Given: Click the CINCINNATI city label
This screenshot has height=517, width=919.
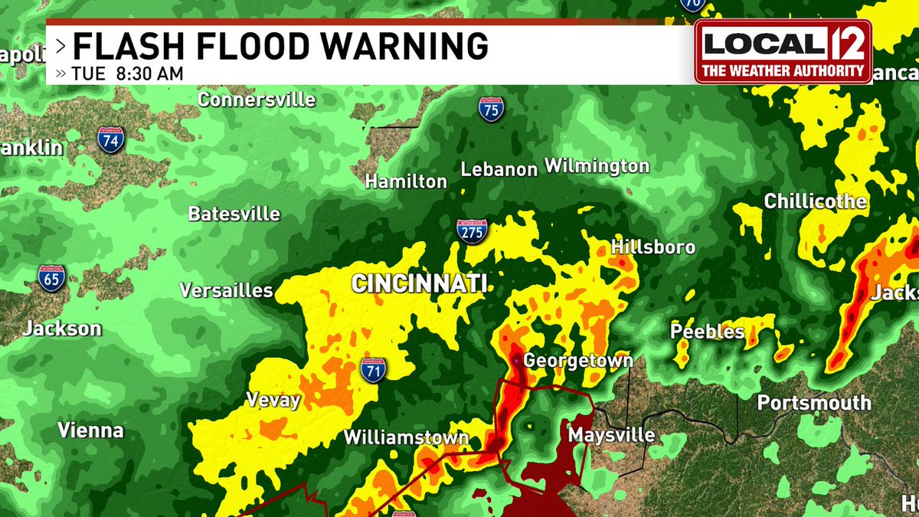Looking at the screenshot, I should tap(419, 284).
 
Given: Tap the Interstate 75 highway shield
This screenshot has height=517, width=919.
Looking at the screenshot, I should tap(491, 109).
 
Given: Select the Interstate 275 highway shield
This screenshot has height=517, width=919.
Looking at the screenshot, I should tap(472, 231).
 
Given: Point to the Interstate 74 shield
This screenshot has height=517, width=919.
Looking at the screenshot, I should tap(110, 139).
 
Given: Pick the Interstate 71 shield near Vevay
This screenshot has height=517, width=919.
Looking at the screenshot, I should tap(373, 368).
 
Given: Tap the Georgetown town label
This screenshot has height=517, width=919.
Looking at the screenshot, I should tap(578, 361).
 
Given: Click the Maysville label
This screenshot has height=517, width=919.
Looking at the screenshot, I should tap(611, 435).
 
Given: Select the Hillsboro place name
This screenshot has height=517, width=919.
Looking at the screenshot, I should tap(653, 247).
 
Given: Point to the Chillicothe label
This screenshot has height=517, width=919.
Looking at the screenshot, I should tap(816, 201).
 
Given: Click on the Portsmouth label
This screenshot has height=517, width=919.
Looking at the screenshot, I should tap(814, 403).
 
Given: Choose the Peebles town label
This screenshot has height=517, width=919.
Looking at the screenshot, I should tap(707, 331).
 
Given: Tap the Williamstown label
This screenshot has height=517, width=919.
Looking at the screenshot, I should tap(406, 437).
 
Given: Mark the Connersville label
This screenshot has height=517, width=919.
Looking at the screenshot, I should tap(257, 100).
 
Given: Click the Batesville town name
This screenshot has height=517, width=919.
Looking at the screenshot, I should tap(234, 214).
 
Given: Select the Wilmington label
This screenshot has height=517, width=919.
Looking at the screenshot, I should tap(597, 165).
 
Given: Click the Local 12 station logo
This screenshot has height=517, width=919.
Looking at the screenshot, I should tap(783, 51).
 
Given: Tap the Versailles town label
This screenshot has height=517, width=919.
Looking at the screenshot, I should tap(226, 290).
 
